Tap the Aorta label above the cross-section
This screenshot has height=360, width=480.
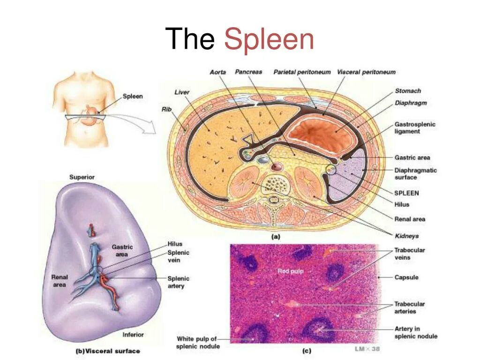(217, 72)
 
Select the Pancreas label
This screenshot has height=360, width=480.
(248, 72)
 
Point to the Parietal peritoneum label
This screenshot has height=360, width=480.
(302, 72)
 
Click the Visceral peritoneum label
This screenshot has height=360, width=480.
(366, 72)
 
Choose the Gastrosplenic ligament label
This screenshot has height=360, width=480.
(415, 128)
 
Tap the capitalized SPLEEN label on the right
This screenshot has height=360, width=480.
(406, 193)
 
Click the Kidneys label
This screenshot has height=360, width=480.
(406, 236)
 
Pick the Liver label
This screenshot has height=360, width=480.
(182, 92)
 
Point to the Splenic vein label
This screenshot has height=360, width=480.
(178, 256)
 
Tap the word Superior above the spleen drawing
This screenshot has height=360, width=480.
(82, 177)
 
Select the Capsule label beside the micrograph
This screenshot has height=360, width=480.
(406, 277)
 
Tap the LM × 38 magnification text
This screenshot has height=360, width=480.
(367, 349)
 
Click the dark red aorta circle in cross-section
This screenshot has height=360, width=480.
(277, 166)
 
